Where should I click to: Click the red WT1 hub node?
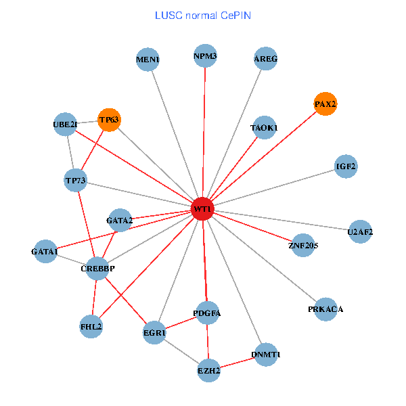tap(203, 209)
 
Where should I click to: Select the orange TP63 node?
tap(109, 120)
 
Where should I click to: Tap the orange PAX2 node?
tap(325, 104)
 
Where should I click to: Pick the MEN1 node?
tap(148, 60)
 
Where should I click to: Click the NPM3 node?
tap(205, 56)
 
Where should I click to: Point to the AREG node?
tap(265, 59)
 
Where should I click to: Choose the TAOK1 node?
tap(263, 127)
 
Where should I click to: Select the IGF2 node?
tap(346, 166)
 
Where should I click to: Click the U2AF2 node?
tap(360, 232)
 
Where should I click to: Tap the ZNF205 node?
tap(302, 245)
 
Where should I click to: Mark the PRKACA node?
tap(325, 309)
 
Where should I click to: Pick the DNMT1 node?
tap(265, 355)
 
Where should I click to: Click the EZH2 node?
tap(208, 371)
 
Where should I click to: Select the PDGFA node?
tap(207, 313)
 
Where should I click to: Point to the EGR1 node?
tap(154, 333)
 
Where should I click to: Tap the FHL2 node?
tap(91, 326)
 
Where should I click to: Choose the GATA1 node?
tap(45, 252)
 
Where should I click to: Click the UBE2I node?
tap(65, 124)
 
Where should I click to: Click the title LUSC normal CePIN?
tap(203, 14)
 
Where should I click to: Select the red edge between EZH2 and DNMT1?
tap(237, 363)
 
